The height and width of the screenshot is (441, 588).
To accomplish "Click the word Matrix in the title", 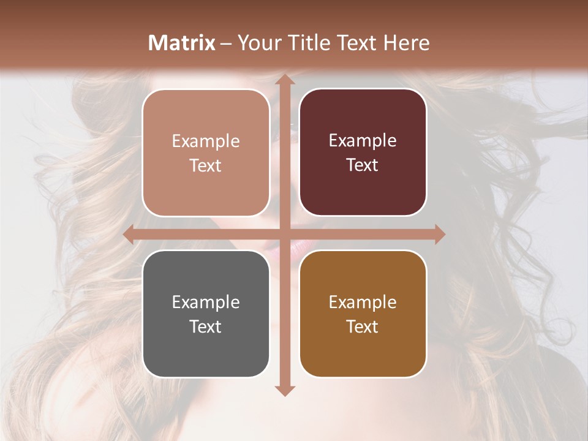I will tap(182, 43).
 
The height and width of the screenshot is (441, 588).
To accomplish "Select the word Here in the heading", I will tap(407, 43).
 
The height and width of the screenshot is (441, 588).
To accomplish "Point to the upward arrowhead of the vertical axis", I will tap(284, 80).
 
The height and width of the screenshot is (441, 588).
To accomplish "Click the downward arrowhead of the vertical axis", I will tap(284, 390).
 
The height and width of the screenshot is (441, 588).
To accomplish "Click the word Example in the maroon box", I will tap(363, 141).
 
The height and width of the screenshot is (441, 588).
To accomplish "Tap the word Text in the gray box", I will tap(206, 326).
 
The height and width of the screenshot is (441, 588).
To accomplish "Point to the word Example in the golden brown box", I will tap(363, 302).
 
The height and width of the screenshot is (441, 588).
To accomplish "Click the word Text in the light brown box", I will tap(206, 166).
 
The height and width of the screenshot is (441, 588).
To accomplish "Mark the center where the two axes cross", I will tap(284, 235).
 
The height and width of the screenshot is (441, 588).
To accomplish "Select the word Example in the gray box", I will tap(206, 302).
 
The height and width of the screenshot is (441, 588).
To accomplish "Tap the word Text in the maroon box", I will tap(363, 165).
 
